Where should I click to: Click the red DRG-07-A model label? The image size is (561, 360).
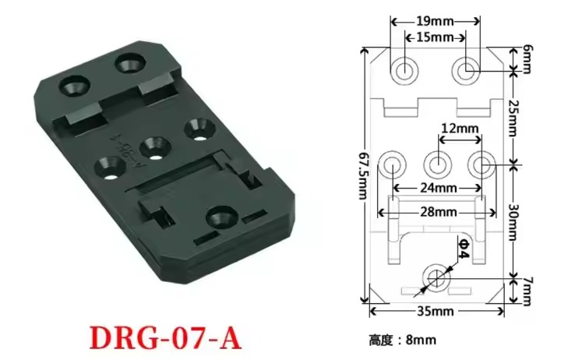pos(165,337)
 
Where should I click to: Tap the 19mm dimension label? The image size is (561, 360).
pos(434,22)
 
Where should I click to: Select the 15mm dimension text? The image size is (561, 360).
pos(435,37)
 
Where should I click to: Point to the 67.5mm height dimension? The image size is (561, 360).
pos(363,176)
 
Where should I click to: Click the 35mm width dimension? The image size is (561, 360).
pos(436,311)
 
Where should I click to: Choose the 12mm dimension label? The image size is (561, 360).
pos(460,128)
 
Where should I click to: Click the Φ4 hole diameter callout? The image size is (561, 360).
pos(464,249)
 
